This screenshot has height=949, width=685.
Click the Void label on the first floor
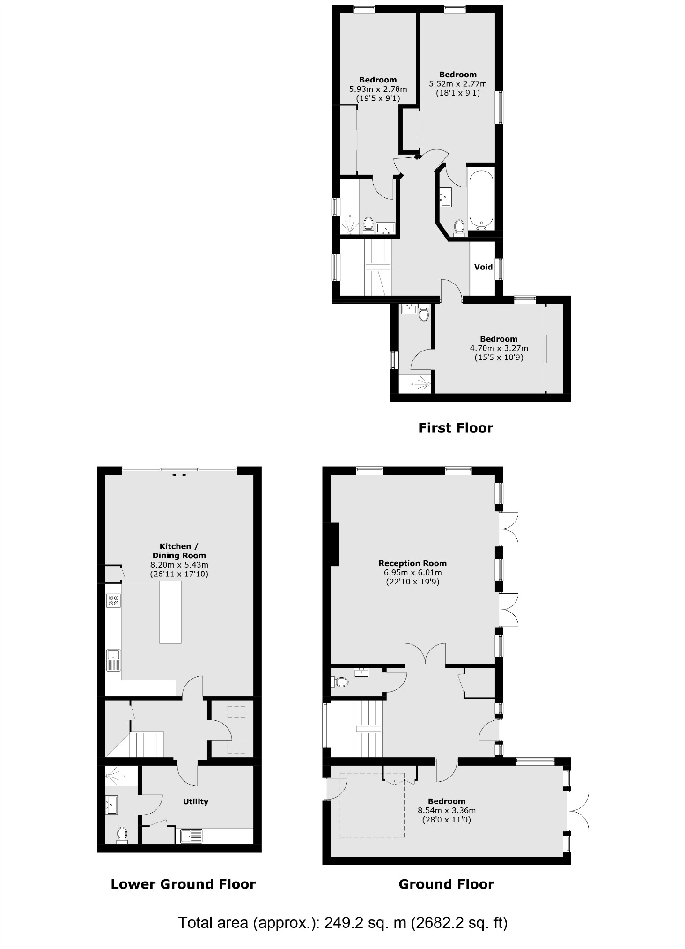pyautogui.click(x=483, y=267)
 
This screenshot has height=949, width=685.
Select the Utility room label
pyautogui.click(x=195, y=801)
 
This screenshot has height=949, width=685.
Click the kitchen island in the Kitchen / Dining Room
pyautogui.click(x=170, y=612)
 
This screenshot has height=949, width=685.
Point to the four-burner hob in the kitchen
pyautogui.click(x=113, y=600)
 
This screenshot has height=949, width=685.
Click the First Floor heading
pyautogui.click(x=455, y=428)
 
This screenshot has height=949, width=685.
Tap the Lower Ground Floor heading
pyautogui.click(x=183, y=884)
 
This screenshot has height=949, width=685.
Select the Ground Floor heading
pyautogui.click(x=446, y=884)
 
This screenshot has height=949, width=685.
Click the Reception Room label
pyautogui.click(x=412, y=563)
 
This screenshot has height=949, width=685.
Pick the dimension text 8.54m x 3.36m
pyautogui.click(x=446, y=810)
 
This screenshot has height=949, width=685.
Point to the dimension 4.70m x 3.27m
pyautogui.click(x=499, y=348)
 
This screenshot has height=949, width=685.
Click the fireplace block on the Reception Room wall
pyautogui.click(x=334, y=544)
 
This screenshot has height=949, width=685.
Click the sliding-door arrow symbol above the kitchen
pyautogui.click(x=179, y=475)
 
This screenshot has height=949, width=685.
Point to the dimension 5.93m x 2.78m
pyautogui.click(x=378, y=89)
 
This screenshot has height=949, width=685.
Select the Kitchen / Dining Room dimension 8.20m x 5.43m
pyautogui.click(x=179, y=565)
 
